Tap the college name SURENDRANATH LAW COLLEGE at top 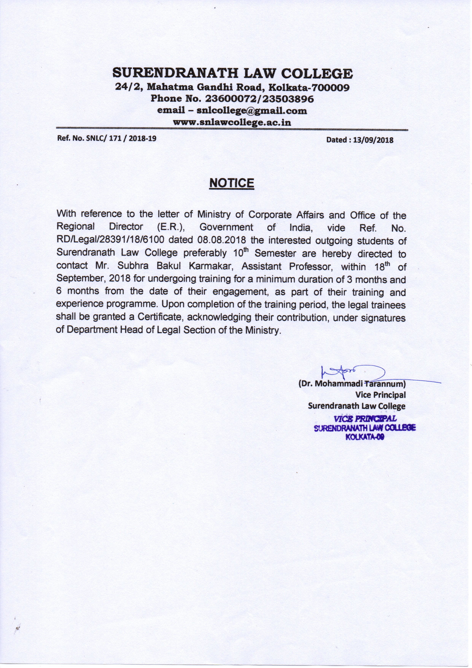[x=232, y=73]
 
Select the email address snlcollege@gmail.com [x=252, y=111]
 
